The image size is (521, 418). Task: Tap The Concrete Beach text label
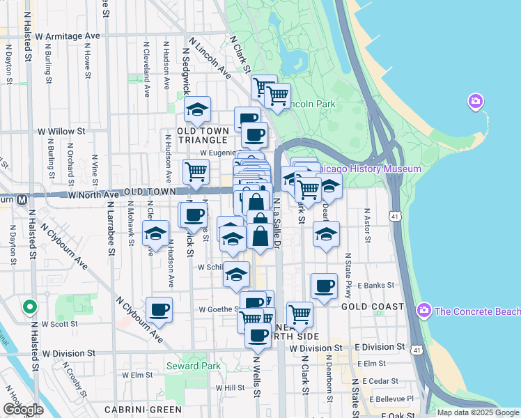pos(477,311)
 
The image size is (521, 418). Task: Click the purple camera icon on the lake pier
pos(476,102)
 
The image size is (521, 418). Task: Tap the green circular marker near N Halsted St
pos(29,307)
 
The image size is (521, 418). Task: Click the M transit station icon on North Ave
pos(22,199)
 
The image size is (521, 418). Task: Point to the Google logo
pos(22,410)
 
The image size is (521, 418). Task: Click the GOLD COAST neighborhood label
pos(373,306)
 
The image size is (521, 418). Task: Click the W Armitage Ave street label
pos(68,35)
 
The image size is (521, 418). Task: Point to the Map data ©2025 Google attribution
pos(477,412)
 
